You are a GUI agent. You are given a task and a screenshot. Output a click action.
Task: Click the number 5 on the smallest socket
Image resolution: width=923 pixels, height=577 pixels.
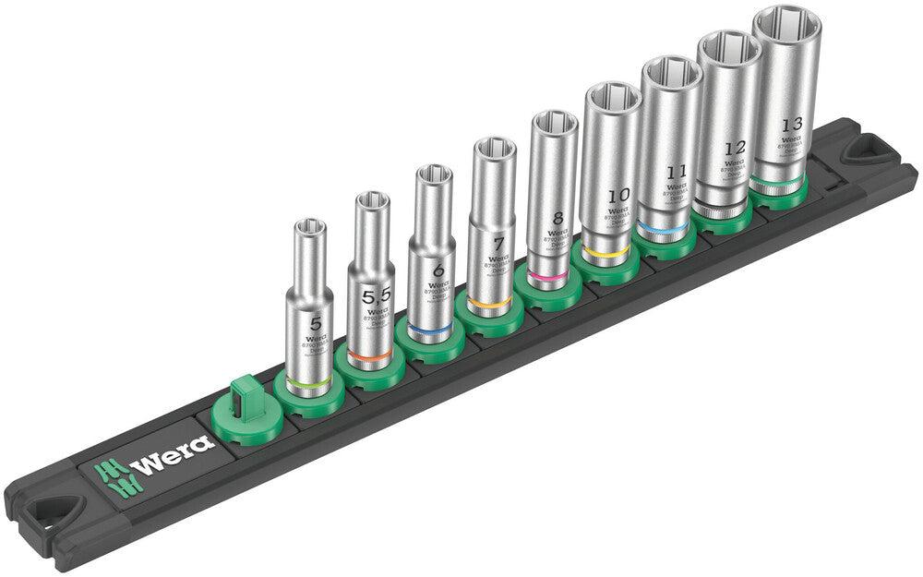tap(316, 324)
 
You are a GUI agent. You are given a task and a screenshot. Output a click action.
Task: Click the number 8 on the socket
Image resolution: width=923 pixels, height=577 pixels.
tap(556, 219)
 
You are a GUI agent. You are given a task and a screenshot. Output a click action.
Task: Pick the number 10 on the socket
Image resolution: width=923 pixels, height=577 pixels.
tap(617, 196)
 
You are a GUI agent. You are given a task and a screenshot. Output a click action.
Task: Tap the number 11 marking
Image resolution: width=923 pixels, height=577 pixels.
tap(677, 172)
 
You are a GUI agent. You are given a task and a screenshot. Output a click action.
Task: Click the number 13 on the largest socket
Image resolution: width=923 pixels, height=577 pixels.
tap(790, 125)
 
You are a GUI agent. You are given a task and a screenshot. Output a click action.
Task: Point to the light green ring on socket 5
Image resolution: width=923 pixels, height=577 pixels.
tap(309, 383)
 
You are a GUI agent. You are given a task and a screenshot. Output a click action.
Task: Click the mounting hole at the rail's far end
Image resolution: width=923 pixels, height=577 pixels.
tap(866, 148)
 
